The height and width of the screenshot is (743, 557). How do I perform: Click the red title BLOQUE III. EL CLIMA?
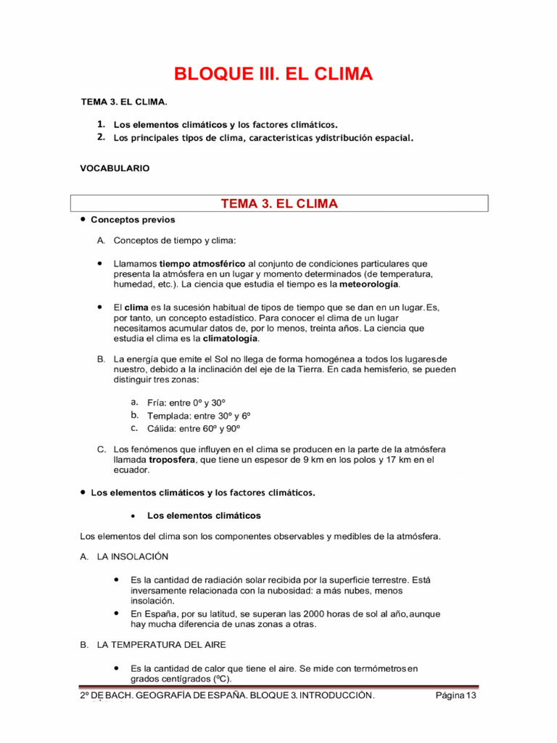point(273,74)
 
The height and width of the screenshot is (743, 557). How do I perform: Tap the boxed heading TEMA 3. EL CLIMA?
point(279,204)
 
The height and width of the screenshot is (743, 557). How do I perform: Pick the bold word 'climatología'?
point(230,339)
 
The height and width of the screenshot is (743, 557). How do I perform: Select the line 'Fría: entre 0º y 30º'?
point(187,403)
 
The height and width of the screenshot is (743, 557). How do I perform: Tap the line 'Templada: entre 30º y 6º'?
point(199,416)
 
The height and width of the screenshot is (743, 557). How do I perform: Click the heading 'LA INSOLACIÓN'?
point(132,557)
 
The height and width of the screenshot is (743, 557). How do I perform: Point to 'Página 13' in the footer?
point(455,696)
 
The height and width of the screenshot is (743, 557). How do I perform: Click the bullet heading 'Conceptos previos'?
point(133,219)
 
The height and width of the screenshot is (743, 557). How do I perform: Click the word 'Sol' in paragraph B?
point(231,359)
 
